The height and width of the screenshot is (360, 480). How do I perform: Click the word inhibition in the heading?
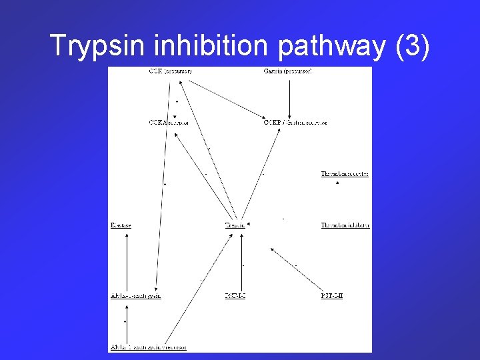213,45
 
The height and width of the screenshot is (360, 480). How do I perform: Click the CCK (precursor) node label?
171,71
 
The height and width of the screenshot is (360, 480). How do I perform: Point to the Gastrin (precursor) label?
288,71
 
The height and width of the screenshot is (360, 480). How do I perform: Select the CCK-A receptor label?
169,123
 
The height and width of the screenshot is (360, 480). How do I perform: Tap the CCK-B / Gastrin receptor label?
295,123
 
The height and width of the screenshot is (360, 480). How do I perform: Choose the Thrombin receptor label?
345,174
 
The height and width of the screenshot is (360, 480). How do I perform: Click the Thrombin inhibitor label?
345,225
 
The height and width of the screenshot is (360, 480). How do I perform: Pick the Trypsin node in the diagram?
235,225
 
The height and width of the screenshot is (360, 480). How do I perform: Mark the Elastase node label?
121,225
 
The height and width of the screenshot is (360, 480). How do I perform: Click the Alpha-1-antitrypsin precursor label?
148,347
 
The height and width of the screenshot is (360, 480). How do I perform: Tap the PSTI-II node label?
331,296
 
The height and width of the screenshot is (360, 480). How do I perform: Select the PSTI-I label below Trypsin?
235,296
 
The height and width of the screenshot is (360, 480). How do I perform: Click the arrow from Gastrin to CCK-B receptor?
289,97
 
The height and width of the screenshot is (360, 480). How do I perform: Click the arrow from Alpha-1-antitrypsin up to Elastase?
127,261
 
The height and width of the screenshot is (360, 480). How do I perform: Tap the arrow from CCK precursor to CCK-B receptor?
227,100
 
